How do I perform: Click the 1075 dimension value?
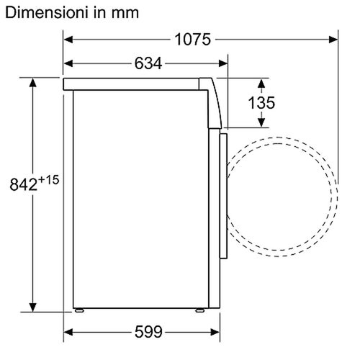tap(193, 40)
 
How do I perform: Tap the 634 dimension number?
tap(148, 63)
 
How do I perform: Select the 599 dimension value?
tap(148, 332)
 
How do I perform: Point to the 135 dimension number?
tap(261, 103)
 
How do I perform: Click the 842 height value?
tap(24, 184)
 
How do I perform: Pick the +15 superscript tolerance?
tap(48, 180)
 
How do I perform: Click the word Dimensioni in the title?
tap(45, 12)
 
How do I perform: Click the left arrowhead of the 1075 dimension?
tap(68, 40)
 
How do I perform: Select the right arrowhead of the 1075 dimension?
tap(333, 40)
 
